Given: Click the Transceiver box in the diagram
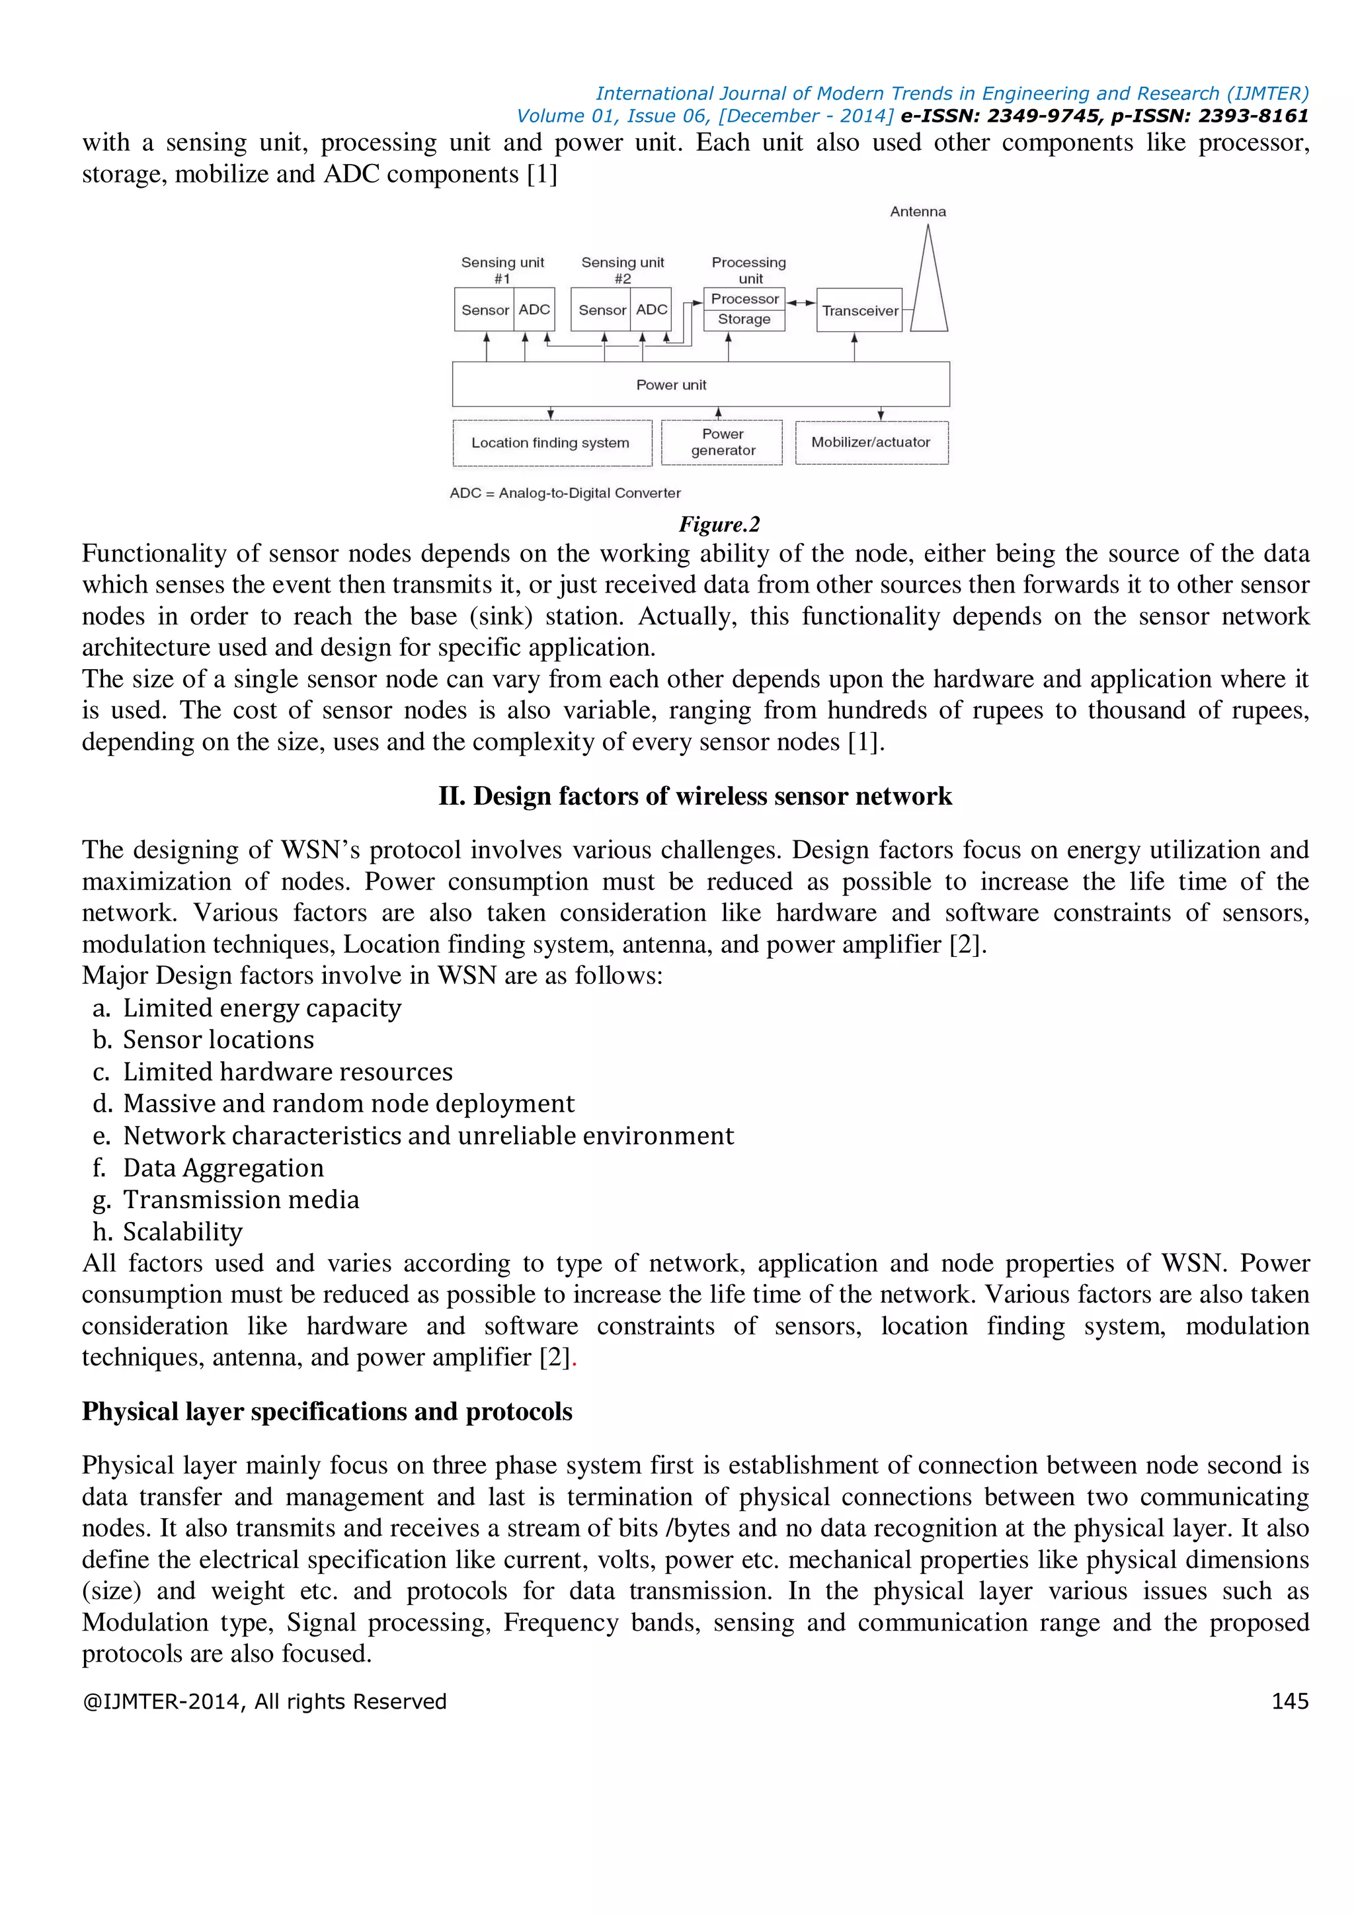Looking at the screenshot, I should pos(859,310).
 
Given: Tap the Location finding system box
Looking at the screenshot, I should pos(551,443).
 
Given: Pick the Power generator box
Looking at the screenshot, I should pos(722,442).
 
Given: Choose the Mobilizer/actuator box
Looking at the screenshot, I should pos(871,442).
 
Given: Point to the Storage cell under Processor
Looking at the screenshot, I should pos(744,319).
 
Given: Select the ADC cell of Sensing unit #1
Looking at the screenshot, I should pos(534,309).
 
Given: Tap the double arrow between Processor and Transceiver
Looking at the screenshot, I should pos(801,303).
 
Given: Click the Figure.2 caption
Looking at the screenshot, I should pos(719,524).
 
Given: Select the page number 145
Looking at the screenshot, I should pos(1289,1701).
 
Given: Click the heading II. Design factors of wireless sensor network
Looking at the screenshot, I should pos(694,797).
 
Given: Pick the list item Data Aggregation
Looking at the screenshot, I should pos(223,1168).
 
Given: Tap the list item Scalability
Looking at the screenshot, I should pos(182,1232).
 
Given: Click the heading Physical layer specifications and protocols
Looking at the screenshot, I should pos(327,1411).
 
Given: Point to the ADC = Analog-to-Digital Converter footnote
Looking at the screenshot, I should pos(565,493).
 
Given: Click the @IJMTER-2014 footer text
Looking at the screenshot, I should pos(264,1701).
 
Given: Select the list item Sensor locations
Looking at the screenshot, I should pos(218,1040).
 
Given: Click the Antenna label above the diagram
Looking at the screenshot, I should pos(917,212).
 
